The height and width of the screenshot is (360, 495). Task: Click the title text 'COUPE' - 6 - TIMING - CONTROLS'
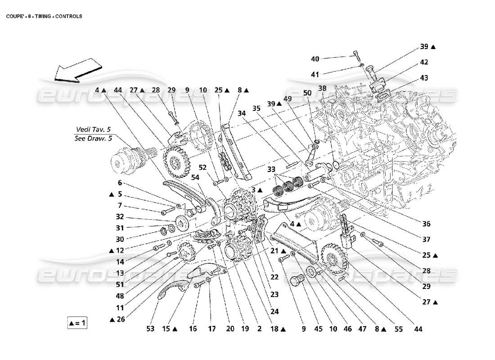point(44,16)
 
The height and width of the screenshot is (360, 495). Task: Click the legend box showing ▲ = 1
point(77,323)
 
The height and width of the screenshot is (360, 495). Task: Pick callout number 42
point(423,62)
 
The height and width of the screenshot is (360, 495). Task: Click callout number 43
point(423,77)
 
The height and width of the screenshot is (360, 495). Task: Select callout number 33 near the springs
point(271,170)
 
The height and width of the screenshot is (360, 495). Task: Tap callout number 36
point(426,224)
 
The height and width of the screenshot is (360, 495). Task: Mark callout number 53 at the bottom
point(150,329)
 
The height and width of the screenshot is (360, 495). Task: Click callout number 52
point(203,167)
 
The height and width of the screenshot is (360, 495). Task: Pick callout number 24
point(274,310)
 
